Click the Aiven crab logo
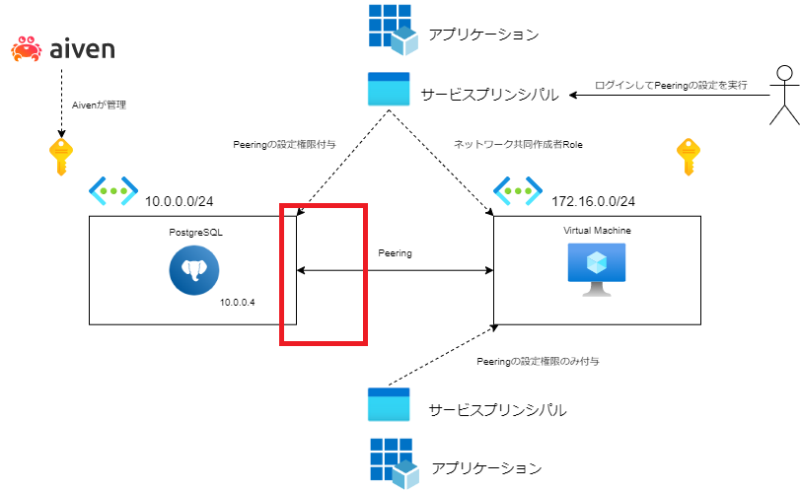point(26,49)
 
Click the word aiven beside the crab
point(82,49)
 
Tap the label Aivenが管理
point(99,105)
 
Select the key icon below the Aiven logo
point(61,157)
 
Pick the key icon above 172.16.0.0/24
point(689,157)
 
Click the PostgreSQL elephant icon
point(194,270)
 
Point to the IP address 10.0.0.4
point(238,303)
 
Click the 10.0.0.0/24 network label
point(180,201)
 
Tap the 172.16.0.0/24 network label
point(594,201)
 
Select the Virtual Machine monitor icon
point(597,270)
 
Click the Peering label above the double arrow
point(395,253)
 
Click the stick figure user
point(784,95)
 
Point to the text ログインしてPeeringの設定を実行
point(671,85)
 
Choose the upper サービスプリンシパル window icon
point(389,89)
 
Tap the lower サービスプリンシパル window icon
point(389,404)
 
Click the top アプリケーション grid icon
point(394,30)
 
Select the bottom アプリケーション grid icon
point(395,463)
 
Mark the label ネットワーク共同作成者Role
point(518,145)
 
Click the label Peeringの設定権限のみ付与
point(538,362)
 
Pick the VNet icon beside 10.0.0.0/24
point(113,191)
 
